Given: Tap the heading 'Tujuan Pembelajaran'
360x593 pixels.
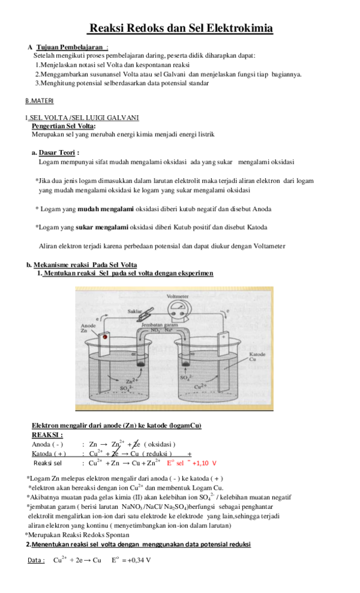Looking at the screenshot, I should [71, 47].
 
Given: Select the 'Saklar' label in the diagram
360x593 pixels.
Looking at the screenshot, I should [136, 312].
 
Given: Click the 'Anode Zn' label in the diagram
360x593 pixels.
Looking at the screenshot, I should [88, 329].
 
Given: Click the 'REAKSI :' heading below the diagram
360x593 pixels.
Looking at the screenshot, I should [47, 435].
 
